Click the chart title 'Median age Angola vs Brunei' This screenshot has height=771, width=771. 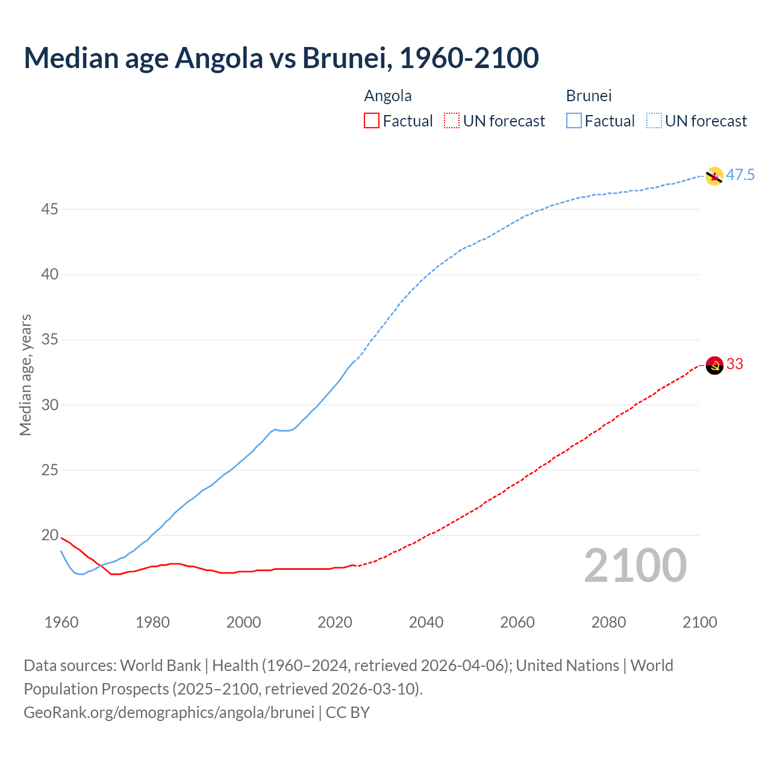(281, 58)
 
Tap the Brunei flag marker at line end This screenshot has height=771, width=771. (714, 176)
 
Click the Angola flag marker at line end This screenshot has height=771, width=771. (714, 365)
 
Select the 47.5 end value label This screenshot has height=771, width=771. (740, 175)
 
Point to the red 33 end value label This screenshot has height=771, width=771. (735, 364)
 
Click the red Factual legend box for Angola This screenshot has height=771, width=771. (372, 121)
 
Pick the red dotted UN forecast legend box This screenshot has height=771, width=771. (452, 121)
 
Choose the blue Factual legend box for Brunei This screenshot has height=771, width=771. (574, 121)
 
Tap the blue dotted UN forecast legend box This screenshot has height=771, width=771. (654, 121)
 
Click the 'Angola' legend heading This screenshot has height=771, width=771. (388, 96)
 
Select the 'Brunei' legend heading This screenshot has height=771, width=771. (588, 96)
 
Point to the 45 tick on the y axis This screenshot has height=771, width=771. (50, 210)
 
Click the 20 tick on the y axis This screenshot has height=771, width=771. (50, 535)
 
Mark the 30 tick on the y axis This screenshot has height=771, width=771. (50, 405)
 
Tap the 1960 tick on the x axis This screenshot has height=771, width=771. (61, 622)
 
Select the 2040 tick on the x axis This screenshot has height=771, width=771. (426, 622)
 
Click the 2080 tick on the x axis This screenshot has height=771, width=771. (608, 622)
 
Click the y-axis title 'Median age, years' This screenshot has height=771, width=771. (25, 375)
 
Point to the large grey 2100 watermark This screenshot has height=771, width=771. (635, 566)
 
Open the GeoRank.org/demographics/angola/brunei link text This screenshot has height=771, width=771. (169, 713)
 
